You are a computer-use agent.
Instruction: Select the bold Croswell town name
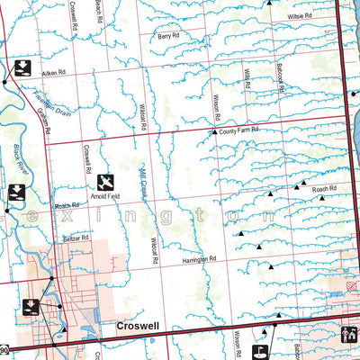137,328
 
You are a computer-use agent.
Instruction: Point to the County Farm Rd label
238,131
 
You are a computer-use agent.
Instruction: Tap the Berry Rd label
168,37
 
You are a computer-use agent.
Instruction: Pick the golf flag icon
261,351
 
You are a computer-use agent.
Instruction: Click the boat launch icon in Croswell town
31,306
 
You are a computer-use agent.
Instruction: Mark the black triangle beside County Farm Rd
213,133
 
